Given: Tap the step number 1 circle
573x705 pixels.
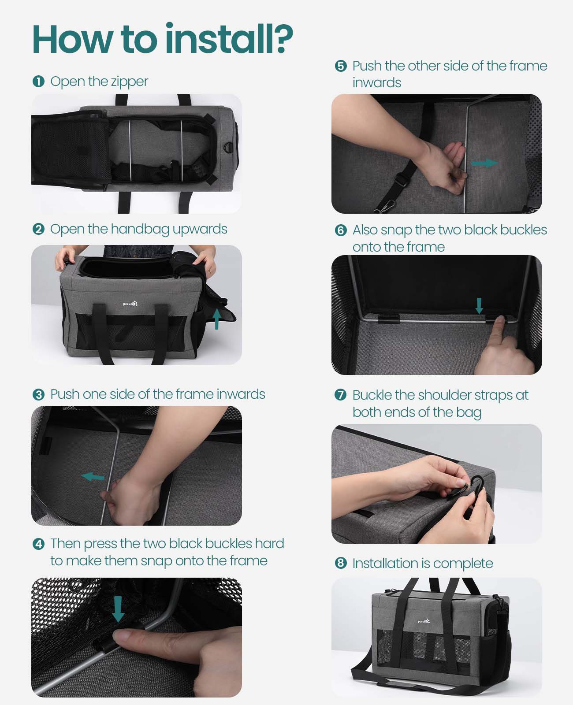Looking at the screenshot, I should pos(38,82).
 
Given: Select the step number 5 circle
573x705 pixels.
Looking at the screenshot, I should pos(341,67).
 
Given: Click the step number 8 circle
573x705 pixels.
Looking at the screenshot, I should pos(341,564).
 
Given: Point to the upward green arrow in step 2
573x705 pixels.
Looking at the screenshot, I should pos(216,318).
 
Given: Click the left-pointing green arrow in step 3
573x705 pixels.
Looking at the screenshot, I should pos(93,476).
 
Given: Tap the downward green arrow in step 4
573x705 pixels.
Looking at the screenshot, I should pos(118,609).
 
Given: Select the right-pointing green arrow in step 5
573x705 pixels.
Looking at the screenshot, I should pos(484,163).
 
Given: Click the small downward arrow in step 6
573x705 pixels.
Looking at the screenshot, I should pos(479,305).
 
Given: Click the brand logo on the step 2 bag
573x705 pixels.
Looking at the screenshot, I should pos(130,304).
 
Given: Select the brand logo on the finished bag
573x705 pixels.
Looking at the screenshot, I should pos(424,621).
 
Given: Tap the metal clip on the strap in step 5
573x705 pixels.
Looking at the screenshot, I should pos(383,205).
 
